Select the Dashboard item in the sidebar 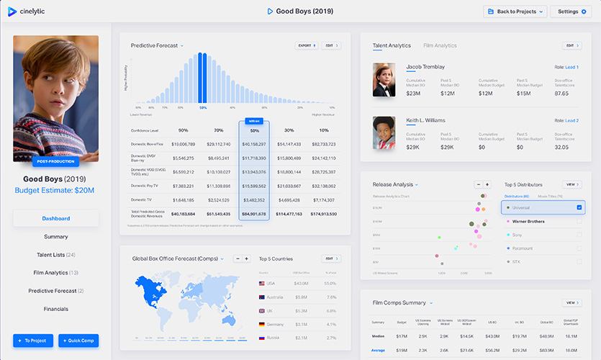[x=55, y=218]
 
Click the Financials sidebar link [x=55, y=309]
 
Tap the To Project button [x=32, y=341]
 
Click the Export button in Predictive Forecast [x=306, y=45]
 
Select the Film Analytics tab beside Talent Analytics [x=440, y=45]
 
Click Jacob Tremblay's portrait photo [x=384, y=79]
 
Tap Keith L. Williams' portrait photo [x=384, y=132]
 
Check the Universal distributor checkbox [x=579, y=208]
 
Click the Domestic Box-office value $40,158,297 [x=254, y=144]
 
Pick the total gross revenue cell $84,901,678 [x=254, y=213]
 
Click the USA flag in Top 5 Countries [x=262, y=284]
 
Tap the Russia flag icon [x=262, y=338]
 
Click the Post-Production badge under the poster [x=55, y=161]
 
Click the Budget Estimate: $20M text [x=55, y=190]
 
